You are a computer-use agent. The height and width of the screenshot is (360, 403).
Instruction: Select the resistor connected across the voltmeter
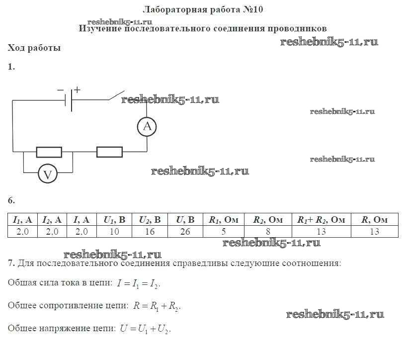[49, 152]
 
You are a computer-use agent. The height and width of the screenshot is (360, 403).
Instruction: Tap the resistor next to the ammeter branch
[109, 152]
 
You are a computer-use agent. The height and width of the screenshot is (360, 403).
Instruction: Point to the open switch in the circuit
[116, 95]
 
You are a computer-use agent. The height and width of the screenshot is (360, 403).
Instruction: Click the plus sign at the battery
[77, 90]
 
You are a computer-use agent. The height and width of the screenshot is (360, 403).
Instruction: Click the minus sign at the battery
[61, 90]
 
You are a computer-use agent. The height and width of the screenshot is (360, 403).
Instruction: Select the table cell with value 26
[185, 231]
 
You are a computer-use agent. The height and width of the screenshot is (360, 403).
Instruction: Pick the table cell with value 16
[150, 231]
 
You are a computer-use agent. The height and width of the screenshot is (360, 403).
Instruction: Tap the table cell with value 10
[114, 231]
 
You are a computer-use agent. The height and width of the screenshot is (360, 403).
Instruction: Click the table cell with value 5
[224, 231]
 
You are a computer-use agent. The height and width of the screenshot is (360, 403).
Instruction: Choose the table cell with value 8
[268, 231]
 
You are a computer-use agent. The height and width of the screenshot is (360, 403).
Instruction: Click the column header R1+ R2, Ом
[322, 220]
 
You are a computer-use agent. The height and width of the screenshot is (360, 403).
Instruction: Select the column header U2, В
[150, 220]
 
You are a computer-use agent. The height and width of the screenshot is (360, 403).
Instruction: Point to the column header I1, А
[23, 220]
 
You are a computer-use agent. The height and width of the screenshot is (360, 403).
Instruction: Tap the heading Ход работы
[34, 48]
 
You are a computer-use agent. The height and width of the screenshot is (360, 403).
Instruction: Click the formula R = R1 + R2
[157, 306]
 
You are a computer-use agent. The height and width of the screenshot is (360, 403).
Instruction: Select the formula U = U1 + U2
[145, 329]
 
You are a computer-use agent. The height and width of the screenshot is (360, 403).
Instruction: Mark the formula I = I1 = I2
[139, 283]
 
